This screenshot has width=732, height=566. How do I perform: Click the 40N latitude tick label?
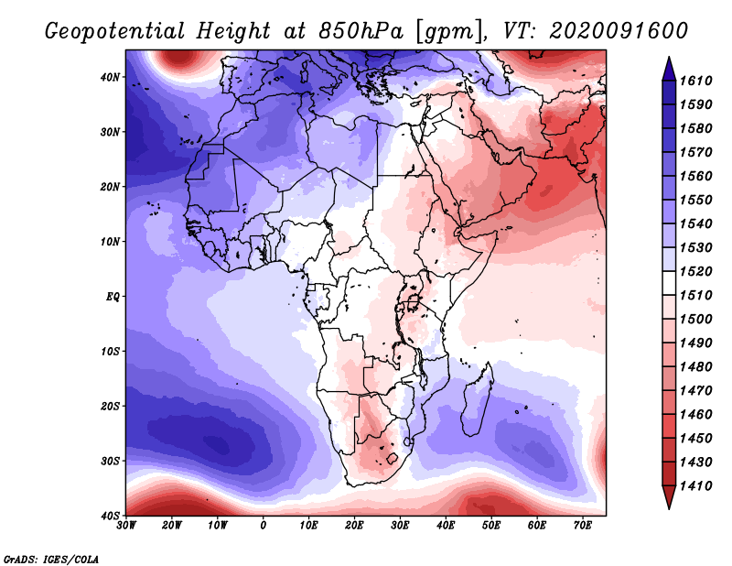tap(110, 77)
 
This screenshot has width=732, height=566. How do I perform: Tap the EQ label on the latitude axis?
tap(113, 297)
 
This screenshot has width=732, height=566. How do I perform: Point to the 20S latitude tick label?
tap(110, 406)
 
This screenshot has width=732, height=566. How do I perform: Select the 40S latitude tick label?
tap(110, 516)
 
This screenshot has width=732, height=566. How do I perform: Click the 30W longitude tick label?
tap(126, 526)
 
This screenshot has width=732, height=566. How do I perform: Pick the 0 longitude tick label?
tap(264, 526)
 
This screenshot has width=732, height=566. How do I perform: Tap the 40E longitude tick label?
tap(446, 526)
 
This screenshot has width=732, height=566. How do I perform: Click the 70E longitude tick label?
tap(583, 526)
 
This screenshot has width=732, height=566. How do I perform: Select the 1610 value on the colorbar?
tap(695, 81)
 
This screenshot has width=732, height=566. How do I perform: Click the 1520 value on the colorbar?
tap(695, 271)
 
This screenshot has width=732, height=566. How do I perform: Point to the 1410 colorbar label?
tap(695, 486)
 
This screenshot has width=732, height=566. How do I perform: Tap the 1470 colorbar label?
tap(695, 391)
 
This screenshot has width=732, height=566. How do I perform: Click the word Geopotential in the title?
tap(115, 32)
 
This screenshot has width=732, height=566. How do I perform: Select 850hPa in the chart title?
tap(361, 31)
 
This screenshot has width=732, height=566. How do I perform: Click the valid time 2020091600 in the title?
tap(619, 31)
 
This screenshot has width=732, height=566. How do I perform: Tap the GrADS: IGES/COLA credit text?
tap(51, 559)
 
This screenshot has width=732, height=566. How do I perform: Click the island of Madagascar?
tap(478, 398)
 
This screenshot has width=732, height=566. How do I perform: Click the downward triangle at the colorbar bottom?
tap(669, 497)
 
